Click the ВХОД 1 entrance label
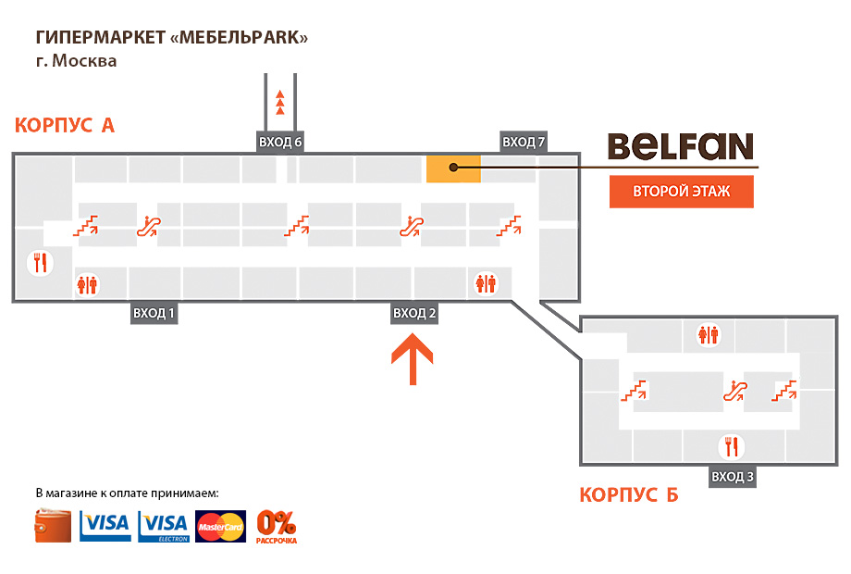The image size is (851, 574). (154, 313)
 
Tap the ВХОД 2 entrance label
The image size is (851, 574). (414, 313)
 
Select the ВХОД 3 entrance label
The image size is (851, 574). (733, 477)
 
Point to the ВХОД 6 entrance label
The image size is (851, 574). (280, 142)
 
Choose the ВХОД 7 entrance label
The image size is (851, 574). (524, 142)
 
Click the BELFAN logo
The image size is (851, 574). (680, 146)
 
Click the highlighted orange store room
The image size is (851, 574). (453, 168)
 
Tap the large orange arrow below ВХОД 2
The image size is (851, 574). (413, 359)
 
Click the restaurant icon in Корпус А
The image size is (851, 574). (40, 263)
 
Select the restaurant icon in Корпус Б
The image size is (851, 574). (732, 447)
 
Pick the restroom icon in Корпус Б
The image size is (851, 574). (709, 334)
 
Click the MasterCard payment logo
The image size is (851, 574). (221, 526)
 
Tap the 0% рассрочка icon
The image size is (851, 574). (277, 526)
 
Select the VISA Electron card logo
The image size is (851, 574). (163, 526)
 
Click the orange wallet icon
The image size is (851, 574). (54, 526)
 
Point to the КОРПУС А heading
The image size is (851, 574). (65, 125)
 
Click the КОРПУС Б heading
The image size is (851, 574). (629, 495)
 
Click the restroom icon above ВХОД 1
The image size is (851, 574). (88, 284)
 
